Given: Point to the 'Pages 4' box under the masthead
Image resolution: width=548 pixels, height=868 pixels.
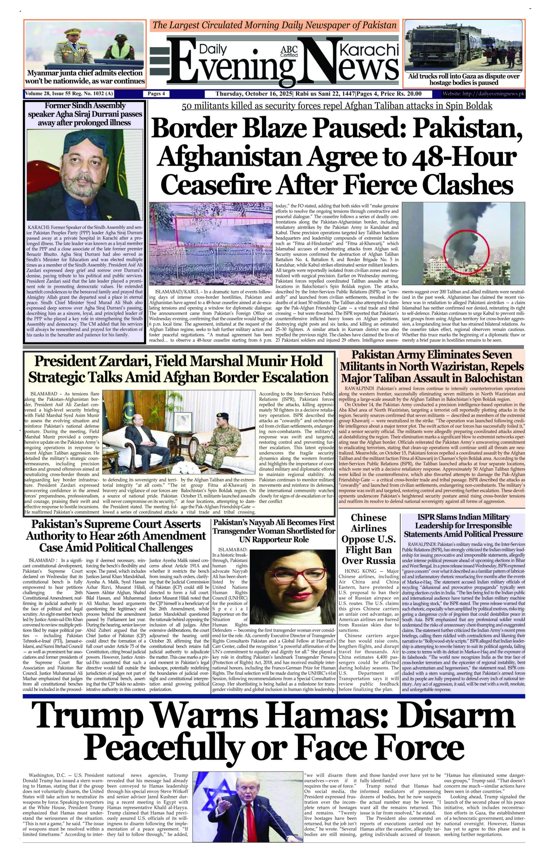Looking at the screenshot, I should tap(156, 94).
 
